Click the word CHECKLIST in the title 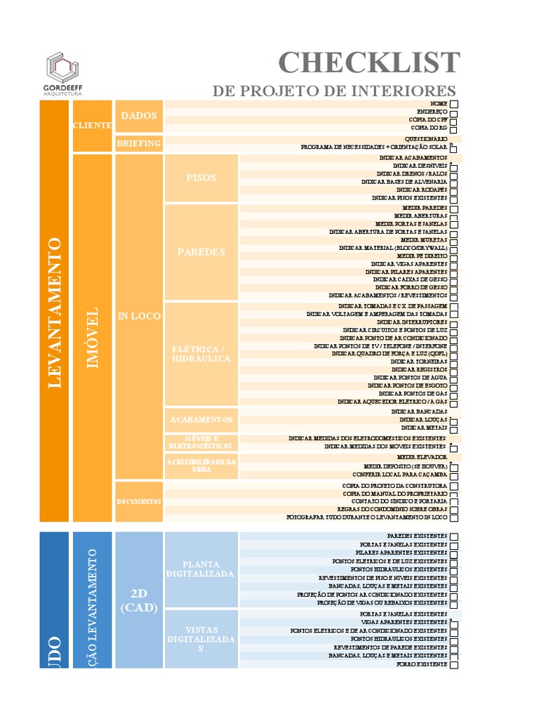[369, 62]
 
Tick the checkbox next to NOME [454, 104]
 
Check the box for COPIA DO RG [454, 129]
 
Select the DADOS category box [139, 116]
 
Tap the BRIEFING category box [139, 143]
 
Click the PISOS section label [201, 178]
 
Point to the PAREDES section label [201, 252]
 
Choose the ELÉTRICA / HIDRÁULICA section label [201, 354]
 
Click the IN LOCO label [139, 317]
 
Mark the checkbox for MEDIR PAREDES [454, 209]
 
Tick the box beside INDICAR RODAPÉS [454, 190]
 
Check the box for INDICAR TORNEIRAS [454, 362]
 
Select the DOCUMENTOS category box [139, 501]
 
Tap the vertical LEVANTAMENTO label [54, 313]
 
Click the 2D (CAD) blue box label [139, 600]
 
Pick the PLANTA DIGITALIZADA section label [201, 569]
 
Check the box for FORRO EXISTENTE [454, 664]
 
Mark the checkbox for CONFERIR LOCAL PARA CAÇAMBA [454, 475]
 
